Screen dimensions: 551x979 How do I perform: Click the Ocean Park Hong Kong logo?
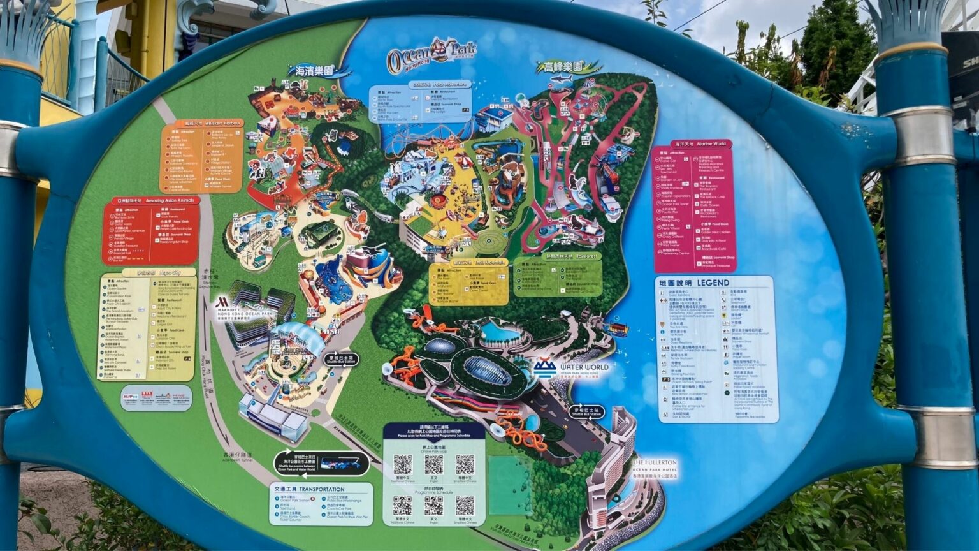click(431, 55)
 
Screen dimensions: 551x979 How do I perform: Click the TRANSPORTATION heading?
click(321, 489)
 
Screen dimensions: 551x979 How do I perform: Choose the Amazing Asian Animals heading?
click(168, 201)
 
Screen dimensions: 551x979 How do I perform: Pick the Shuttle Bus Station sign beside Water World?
click(586, 411)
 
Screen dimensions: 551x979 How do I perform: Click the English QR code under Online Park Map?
click(433, 464)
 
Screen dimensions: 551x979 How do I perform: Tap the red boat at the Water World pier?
click(616, 330)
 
